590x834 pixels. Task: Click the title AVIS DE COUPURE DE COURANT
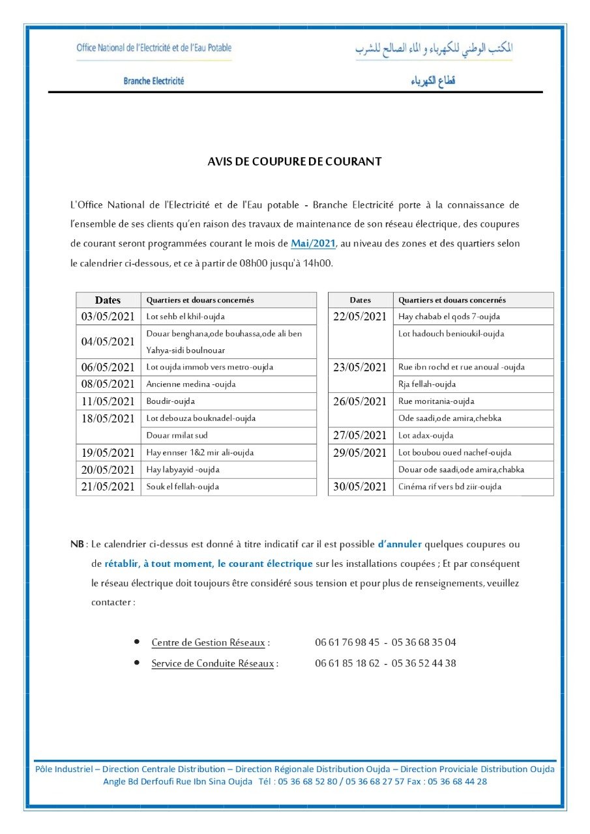[294, 162]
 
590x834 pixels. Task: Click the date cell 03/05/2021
[108, 317]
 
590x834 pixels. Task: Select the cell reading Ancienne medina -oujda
[191, 384]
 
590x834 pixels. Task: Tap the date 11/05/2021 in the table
[108, 401]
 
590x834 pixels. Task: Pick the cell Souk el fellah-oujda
[183, 487]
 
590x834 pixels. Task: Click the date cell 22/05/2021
[360, 317]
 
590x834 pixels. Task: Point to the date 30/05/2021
[360, 487]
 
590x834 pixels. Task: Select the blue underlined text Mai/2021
[313, 244]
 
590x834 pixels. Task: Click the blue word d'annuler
[400, 544]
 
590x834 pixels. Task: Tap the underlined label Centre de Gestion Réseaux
[208, 642]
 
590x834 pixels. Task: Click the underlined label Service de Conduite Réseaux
[213, 664]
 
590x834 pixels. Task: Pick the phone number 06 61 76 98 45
[347, 642]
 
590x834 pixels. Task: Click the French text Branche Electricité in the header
[154, 81]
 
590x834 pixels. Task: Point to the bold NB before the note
[77, 544]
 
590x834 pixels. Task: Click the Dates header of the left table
[108, 300]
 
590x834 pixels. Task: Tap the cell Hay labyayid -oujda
[183, 470]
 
